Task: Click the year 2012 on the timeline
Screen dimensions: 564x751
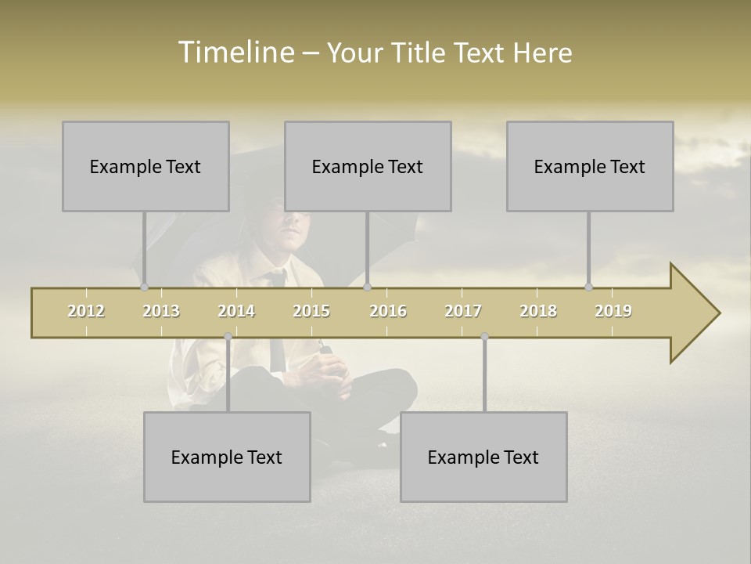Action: [x=86, y=311]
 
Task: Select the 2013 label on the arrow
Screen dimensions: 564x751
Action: [x=161, y=311]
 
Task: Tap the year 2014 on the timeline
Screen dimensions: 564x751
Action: [x=236, y=311]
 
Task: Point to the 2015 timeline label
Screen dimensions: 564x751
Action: [x=311, y=311]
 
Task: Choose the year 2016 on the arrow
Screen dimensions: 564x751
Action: [x=388, y=311]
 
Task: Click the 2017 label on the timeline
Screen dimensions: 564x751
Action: [x=463, y=311]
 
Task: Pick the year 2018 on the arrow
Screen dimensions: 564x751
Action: [x=538, y=311]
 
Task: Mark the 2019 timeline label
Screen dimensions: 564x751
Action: [x=613, y=311]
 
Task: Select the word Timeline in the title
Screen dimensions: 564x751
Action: [x=234, y=52]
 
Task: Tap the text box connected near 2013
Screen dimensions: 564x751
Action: [x=146, y=166]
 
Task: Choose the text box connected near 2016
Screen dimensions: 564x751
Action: [x=368, y=166]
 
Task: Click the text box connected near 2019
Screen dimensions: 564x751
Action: [x=590, y=166]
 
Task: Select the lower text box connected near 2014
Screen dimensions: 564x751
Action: [x=227, y=457]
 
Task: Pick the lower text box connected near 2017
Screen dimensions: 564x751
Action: [x=483, y=457]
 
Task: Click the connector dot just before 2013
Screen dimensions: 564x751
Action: [x=144, y=287]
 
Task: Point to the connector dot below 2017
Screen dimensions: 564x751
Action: [x=484, y=337]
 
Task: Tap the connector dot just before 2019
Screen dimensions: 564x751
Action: [x=588, y=287]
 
